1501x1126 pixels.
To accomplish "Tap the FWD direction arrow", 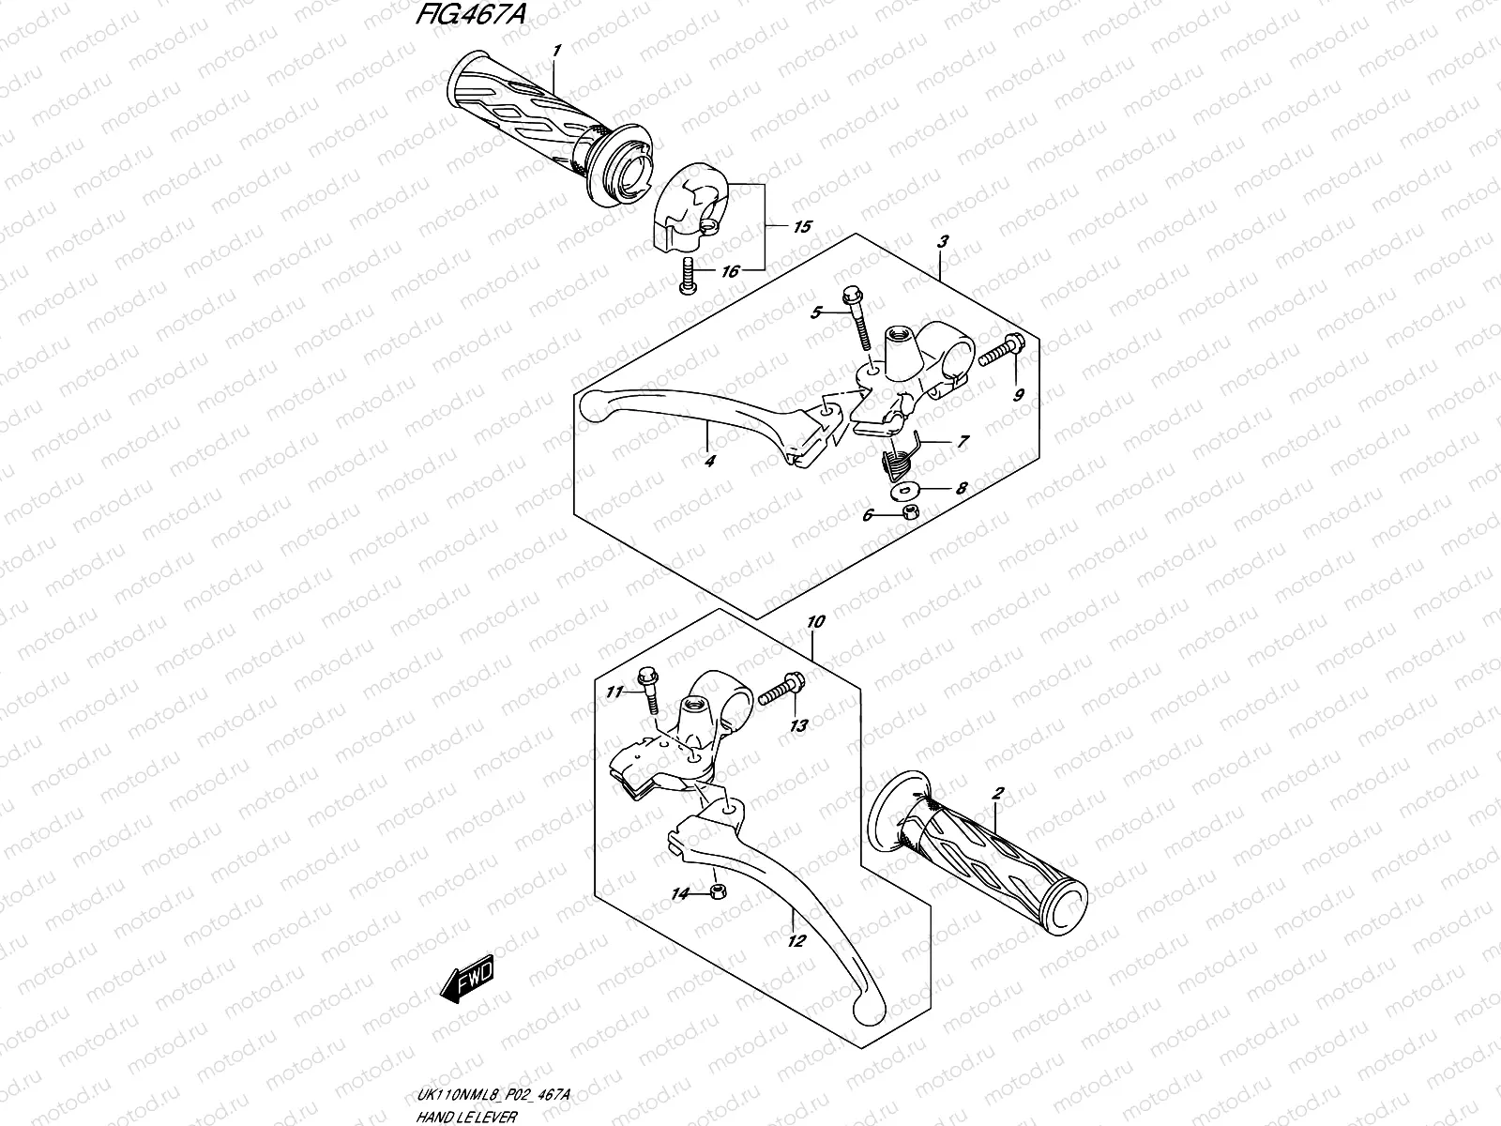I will coord(466,982).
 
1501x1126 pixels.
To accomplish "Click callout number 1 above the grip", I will coord(557,50).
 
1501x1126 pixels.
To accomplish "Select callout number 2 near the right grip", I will coord(997,794).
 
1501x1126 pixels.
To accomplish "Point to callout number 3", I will coord(943,241).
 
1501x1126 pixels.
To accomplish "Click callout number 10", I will coord(815,621).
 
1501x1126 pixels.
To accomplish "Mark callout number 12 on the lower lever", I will coord(796,942).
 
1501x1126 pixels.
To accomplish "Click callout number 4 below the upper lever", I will coord(710,461).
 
